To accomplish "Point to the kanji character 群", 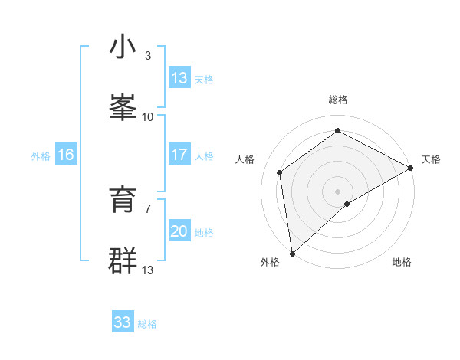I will [122, 260].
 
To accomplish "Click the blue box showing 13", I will [179, 78].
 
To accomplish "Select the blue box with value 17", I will [179, 155].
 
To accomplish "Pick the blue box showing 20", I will [179, 231].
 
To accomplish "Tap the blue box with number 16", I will [66, 155].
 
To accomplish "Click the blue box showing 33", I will [123, 322].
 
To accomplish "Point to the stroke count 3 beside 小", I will [148, 55].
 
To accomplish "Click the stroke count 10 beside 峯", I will [148, 116].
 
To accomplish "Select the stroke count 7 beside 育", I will [148, 208].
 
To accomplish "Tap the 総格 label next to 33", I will [147, 324].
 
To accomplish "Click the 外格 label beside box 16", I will [41, 155].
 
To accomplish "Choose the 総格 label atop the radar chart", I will [338, 100].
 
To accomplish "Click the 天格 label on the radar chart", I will [431, 159].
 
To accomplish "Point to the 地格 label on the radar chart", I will [402, 262].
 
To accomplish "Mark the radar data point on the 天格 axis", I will [411, 168].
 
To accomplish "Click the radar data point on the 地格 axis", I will [347, 204].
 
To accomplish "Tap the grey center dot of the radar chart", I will [338, 191].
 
